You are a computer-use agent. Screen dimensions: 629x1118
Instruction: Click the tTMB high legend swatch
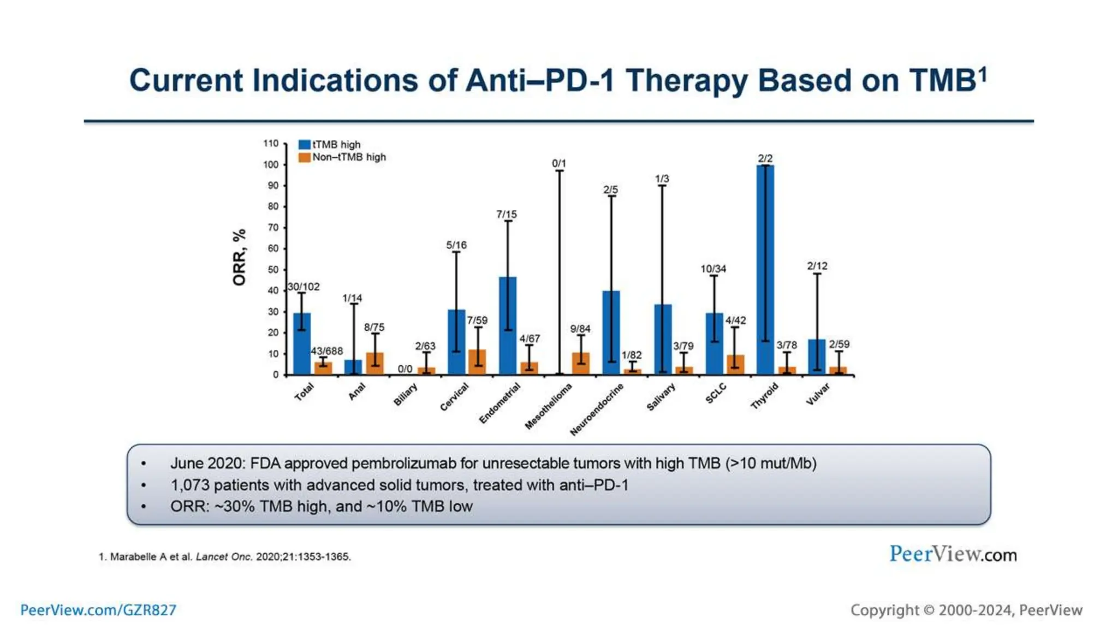point(304,145)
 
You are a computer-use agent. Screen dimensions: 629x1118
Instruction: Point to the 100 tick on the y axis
point(271,164)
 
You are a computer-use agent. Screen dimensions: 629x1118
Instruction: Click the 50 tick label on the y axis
point(272,269)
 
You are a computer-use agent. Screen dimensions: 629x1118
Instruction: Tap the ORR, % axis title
point(239,257)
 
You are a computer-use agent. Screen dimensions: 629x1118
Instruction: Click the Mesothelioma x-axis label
point(548,406)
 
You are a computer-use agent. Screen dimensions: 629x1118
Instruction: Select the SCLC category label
point(716,393)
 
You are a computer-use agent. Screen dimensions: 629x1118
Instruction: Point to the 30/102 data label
point(304,287)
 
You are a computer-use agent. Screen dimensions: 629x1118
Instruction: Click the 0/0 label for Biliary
point(405,369)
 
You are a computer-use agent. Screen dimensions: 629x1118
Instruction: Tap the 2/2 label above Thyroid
point(765,158)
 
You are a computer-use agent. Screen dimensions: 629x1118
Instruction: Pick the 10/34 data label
point(713,269)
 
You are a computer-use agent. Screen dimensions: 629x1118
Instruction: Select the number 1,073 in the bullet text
point(189,485)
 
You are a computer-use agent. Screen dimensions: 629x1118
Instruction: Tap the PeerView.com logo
point(953,554)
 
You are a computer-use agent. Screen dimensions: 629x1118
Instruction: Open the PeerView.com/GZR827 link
point(98,610)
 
